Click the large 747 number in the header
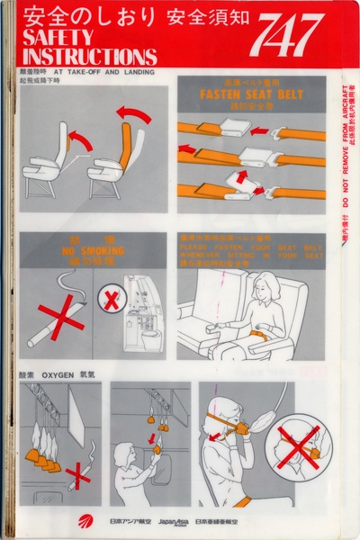tap(285, 35)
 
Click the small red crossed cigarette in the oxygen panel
tap(80, 476)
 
